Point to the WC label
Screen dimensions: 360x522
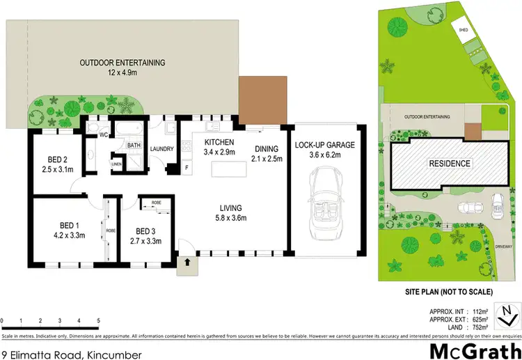[x=102, y=134]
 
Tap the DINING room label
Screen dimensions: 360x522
[x=267, y=148]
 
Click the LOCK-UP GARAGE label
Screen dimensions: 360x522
[x=325, y=146]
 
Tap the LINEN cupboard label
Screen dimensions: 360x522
[x=117, y=165]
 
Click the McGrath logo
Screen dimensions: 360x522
[x=476, y=350]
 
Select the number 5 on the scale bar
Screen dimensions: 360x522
[x=99, y=322]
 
